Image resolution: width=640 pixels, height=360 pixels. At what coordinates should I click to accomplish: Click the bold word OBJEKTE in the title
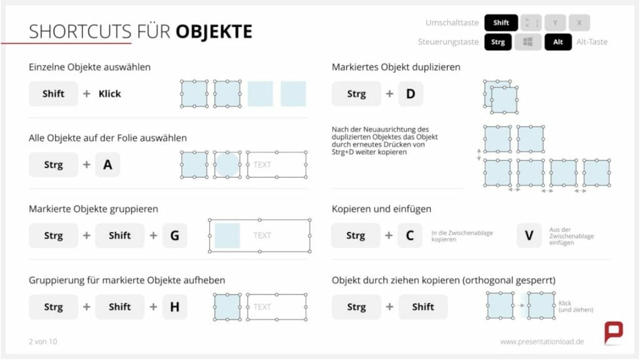pyautogui.click(x=214, y=31)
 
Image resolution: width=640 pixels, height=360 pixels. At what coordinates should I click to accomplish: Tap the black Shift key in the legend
pyautogui.click(x=501, y=23)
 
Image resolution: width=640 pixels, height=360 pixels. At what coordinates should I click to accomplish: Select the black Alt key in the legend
pyautogui.click(x=557, y=42)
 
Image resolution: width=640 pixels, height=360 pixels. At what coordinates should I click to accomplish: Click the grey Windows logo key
pyautogui.click(x=528, y=42)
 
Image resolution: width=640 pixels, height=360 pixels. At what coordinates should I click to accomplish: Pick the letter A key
pyautogui.click(x=107, y=165)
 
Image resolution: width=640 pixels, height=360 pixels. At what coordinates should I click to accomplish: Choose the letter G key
pyautogui.click(x=174, y=236)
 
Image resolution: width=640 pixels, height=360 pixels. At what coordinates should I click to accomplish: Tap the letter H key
pyautogui.click(x=174, y=307)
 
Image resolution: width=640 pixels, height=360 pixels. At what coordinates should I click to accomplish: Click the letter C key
pyautogui.click(x=410, y=236)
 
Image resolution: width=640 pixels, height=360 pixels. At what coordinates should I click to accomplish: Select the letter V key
pyautogui.click(x=529, y=236)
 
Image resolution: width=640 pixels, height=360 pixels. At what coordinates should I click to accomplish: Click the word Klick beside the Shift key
pyautogui.click(x=109, y=94)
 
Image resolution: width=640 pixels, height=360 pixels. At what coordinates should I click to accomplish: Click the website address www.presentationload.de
pyautogui.click(x=542, y=342)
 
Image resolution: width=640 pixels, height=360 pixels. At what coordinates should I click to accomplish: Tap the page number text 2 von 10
pyautogui.click(x=42, y=342)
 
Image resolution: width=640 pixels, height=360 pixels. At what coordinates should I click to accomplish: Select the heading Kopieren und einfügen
pyautogui.click(x=381, y=209)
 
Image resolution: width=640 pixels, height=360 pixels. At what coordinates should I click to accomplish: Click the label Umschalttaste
pyautogui.click(x=452, y=23)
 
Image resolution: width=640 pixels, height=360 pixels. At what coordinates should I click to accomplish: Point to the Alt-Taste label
pyautogui.click(x=592, y=42)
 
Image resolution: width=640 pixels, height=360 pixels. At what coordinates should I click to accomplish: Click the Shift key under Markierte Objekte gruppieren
pyautogui.click(x=119, y=236)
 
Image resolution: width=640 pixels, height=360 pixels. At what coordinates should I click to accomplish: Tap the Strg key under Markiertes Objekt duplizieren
pyautogui.click(x=356, y=94)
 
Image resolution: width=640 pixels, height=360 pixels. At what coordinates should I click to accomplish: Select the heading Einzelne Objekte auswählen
pyautogui.click(x=89, y=67)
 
